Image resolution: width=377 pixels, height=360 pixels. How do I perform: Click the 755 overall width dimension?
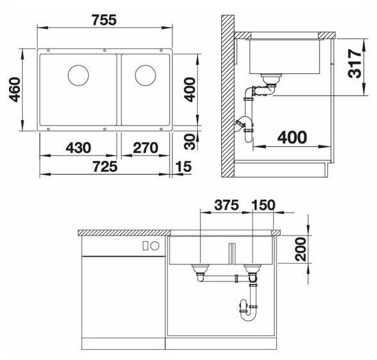(104, 20)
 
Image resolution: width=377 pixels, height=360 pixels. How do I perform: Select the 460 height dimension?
(14, 89)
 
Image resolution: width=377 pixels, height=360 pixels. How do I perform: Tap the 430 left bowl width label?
(78, 147)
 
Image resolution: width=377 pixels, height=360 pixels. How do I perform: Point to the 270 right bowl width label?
(145, 147)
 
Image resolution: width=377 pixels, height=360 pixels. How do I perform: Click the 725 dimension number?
(105, 167)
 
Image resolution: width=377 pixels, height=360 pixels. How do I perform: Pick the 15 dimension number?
(184, 167)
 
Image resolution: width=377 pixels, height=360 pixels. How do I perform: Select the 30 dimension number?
(191, 142)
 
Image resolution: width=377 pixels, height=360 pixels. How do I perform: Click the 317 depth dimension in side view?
(355, 64)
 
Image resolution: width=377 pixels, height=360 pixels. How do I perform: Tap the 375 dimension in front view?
(226, 206)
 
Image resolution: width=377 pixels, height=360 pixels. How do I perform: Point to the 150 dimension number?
(263, 206)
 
